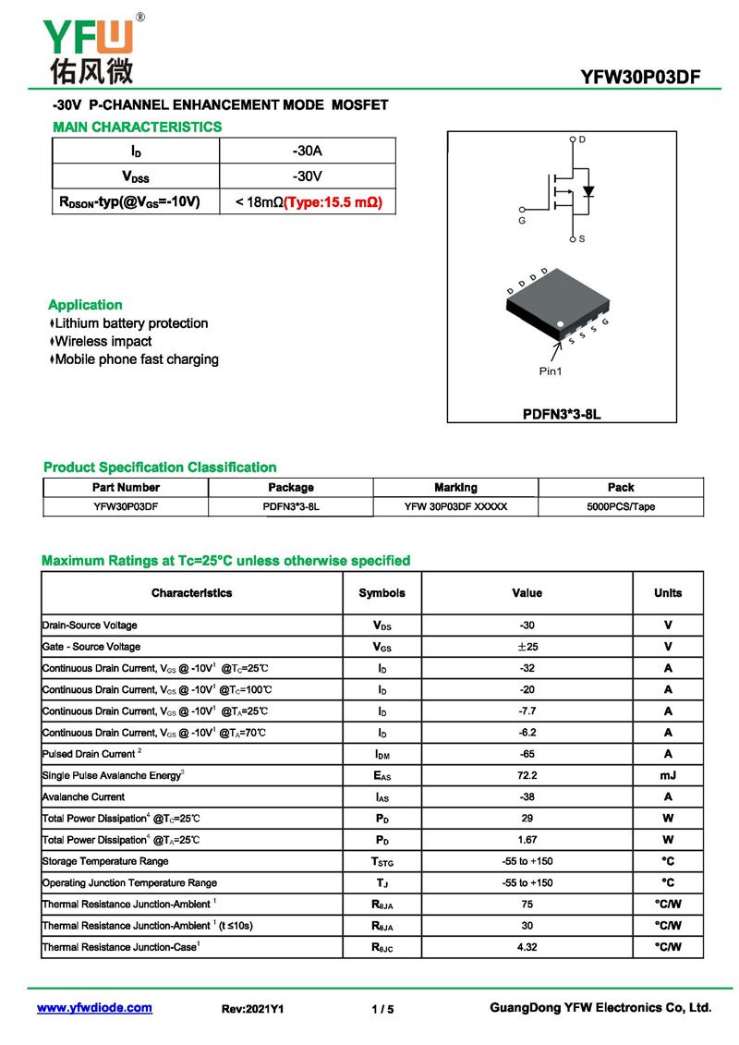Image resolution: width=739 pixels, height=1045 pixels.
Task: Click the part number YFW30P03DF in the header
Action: pyautogui.click(x=640, y=78)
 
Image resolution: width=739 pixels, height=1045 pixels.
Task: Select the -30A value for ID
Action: pyautogui.click(x=307, y=151)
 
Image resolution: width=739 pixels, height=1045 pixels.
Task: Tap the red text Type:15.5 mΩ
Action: pyautogui.click(x=333, y=201)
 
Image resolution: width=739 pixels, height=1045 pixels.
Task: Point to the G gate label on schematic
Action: pyautogui.click(x=521, y=222)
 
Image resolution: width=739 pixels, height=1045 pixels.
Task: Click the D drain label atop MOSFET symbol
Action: pyautogui.click(x=582, y=139)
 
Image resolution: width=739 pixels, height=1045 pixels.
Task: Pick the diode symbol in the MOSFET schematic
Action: pyautogui.click(x=588, y=192)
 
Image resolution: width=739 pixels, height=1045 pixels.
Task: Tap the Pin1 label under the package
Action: pyautogui.click(x=551, y=371)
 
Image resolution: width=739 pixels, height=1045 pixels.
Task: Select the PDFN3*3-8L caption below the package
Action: pyautogui.click(x=562, y=414)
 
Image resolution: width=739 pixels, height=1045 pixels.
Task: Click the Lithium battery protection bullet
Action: pyautogui.click(x=130, y=323)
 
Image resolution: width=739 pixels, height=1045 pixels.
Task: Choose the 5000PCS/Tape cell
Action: pyautogui.click(x=621, y=506)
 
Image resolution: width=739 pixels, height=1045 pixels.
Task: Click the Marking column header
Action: pyautogui.click(x=455, y=487)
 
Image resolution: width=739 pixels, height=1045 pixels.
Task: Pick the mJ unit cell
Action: pyautogui.click(x=668, y=775)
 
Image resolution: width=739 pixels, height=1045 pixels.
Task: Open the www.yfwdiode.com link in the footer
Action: pyautogui.click(x=94, y=1008)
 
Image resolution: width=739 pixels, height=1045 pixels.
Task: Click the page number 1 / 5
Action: pyautogui.click(x=382, y=1009)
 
